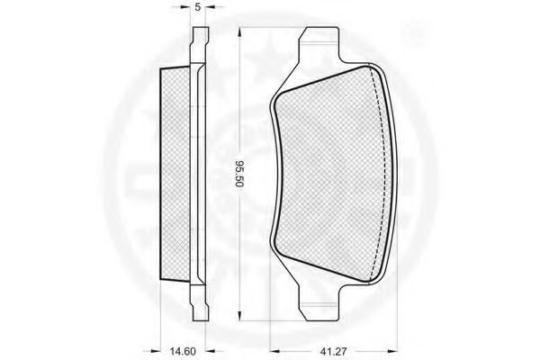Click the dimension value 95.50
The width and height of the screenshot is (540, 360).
[239, 174]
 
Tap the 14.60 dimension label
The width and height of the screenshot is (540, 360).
[183, 351]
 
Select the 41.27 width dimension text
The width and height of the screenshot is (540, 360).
[333, 351]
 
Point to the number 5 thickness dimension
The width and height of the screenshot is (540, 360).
[198, 7]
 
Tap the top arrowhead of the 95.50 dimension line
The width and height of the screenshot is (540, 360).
[239, 31]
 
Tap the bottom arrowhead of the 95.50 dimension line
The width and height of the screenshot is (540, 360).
[239, 317]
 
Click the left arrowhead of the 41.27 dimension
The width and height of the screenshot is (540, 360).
[274, 351]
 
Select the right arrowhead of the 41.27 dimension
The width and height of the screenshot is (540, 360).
[393, 351]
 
